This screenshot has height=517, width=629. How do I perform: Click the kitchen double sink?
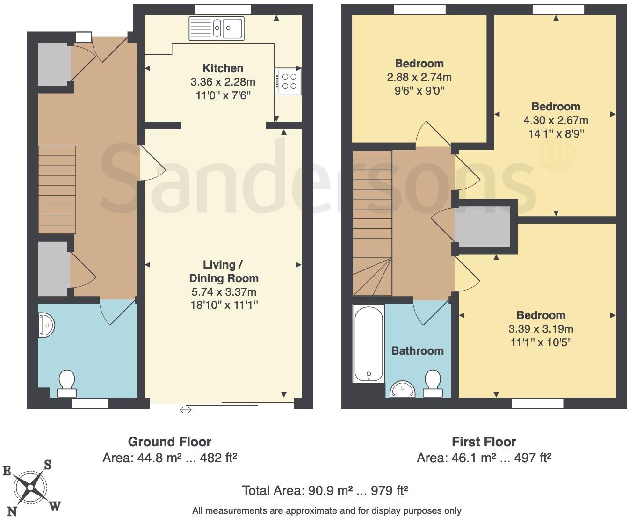pos(216,28)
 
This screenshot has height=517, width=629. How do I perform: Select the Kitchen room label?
pos(223,68)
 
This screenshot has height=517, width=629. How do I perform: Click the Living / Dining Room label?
pos(223,271)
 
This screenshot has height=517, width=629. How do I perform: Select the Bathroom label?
pos(417,350)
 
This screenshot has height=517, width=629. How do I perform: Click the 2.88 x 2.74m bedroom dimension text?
pos(419,77)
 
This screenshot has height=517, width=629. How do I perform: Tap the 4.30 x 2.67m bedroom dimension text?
pos(556,120)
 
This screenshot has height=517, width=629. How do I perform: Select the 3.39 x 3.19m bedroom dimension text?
pos(541,329)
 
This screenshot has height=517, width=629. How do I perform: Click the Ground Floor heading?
pos(169,442)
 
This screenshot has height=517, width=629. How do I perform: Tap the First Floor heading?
pos(484,442)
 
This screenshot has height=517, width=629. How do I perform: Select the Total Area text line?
pos(325,490)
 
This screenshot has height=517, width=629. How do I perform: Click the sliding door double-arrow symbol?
pos(185,410)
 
